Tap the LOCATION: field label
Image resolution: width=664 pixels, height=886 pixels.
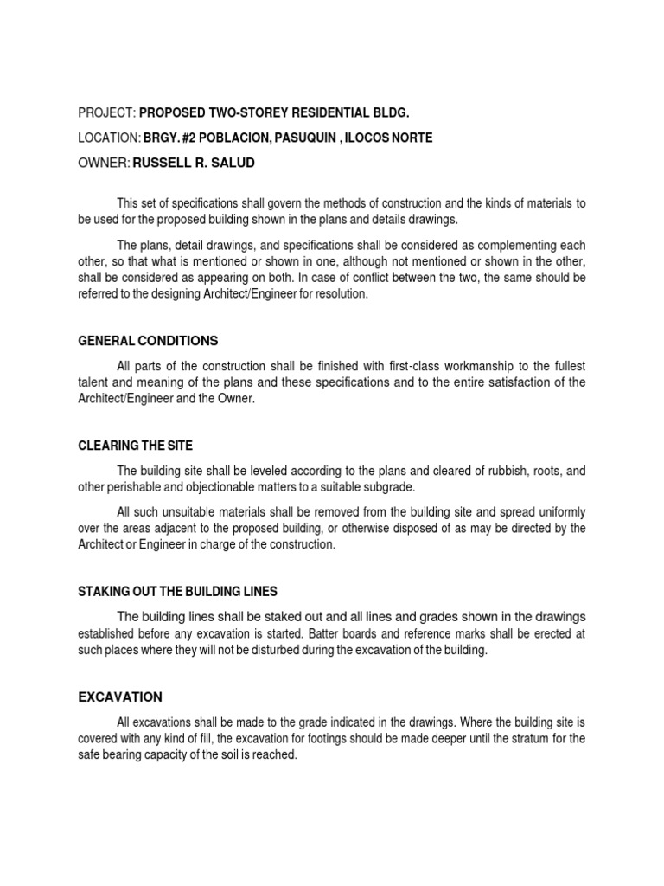[110, 138]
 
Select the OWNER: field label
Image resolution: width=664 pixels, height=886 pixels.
[103, 162]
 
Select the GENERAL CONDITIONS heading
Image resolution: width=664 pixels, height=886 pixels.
[148, 340]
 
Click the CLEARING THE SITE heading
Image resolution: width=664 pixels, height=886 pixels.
[135, 446]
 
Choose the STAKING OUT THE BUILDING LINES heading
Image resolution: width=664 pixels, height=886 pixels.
[177, 592]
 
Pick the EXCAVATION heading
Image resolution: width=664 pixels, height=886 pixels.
[120, 697]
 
